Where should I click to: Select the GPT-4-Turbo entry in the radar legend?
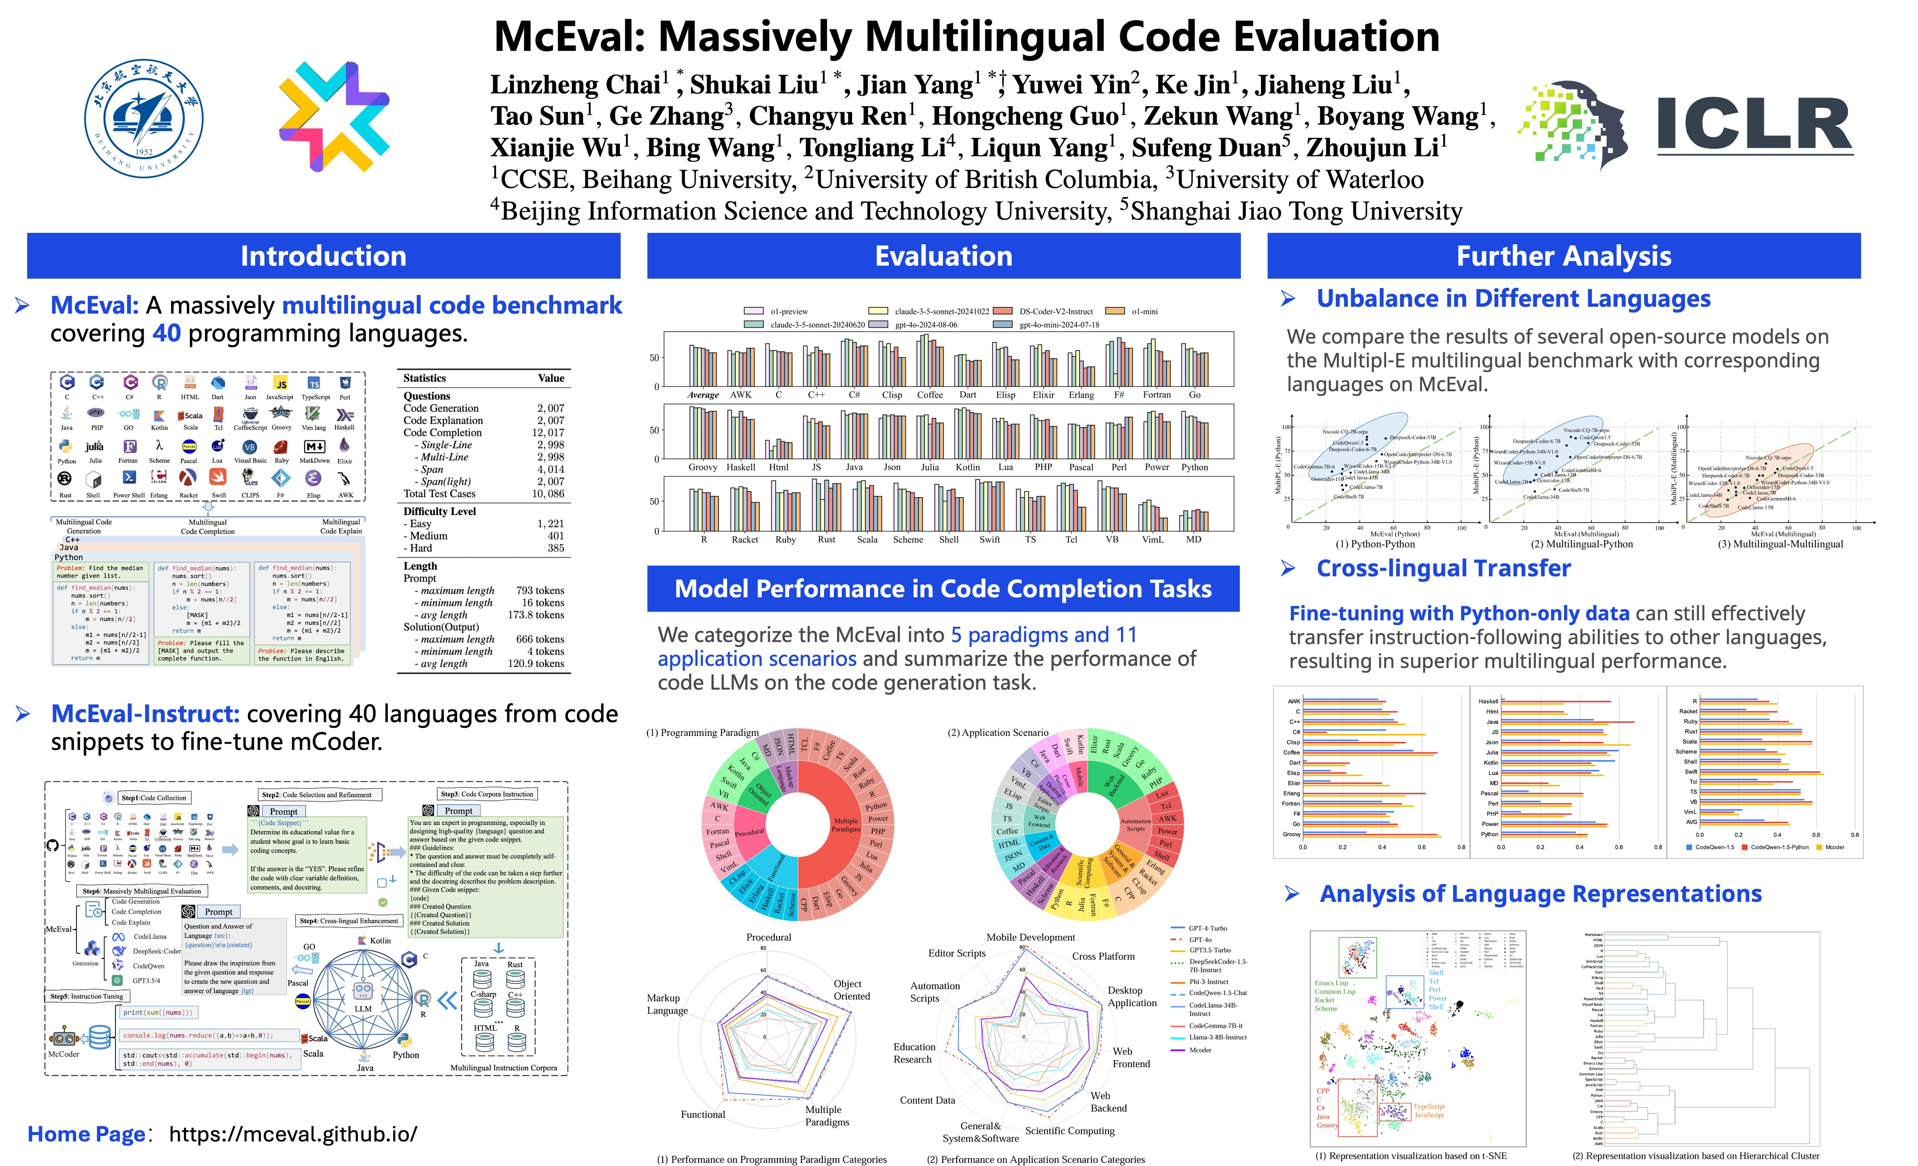coord(1207,928)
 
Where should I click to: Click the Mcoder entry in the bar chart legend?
coord(1835,847)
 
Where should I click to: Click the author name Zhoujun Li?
coord(1376,147)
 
